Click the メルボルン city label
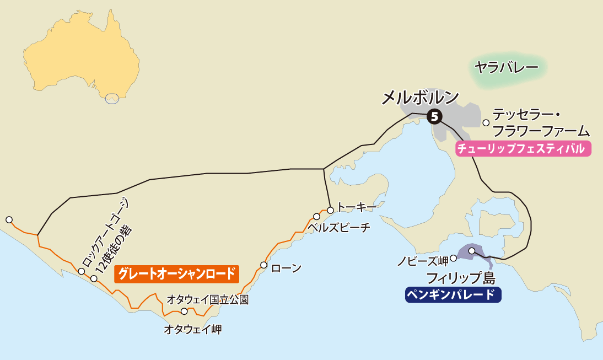(x=420, y=98)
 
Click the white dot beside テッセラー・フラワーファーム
(x=486, y=123)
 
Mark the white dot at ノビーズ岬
(x=453, y=257)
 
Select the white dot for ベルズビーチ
(x=317, y=217)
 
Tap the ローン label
(x=287, y=268)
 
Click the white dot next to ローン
(x=264, y=265)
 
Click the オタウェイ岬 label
(x=192, y=330)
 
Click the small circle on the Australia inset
(x=112, y=99)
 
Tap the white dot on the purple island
(x=472, y=251)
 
